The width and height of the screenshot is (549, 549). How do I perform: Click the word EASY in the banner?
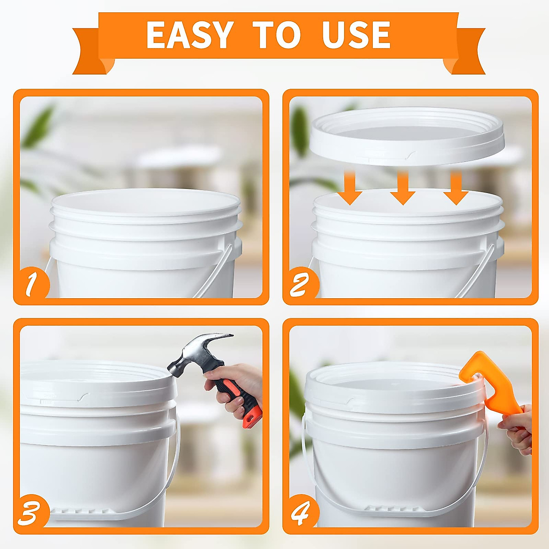click(190, 35)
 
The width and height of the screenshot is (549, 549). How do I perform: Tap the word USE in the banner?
click(356, 35)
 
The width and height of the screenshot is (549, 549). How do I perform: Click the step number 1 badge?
click(31, 285)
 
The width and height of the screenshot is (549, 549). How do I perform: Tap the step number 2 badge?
click(299, 285)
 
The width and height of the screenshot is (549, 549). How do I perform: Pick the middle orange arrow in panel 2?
click(403, 188)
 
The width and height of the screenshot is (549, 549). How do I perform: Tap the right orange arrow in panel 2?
click(455, 188)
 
